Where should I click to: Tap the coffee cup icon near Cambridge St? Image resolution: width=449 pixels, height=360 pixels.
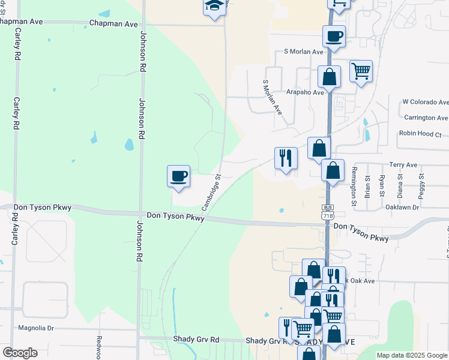pyautogui.click(x=178, y=176)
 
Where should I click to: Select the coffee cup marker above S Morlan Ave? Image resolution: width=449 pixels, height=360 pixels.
pyautogui.click(x=334, y=36)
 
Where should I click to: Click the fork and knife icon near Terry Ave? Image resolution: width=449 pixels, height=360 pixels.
pyautogui.click(x=286, y=158)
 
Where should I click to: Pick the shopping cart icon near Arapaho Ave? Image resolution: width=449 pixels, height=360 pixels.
pyautogui.click(x=360, y=71)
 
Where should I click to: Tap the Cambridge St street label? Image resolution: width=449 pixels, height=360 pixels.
pyautogui.click(x=211, y=193)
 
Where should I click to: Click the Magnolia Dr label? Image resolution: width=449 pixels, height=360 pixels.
pyautogui.click(x=36, y=328)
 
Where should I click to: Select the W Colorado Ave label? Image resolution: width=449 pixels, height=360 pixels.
pyautogui.click(x=425, y=103)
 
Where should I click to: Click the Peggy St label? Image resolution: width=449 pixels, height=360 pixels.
pyautogui.click(x=422, y=185)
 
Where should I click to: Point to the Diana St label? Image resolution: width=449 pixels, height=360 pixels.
pyautogui.click(x=400, y=185)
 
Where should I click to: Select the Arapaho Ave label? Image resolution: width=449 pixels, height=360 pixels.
pyautogui.click(x=306, y=92)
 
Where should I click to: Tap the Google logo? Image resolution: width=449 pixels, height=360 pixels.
pyautogui.click(x=20, y=353)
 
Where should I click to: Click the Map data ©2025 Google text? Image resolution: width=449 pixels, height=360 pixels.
pyautogui.click(x=412, y=355)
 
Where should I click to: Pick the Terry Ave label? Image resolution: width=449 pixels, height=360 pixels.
pyautogui.click(x=403, y=164)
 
